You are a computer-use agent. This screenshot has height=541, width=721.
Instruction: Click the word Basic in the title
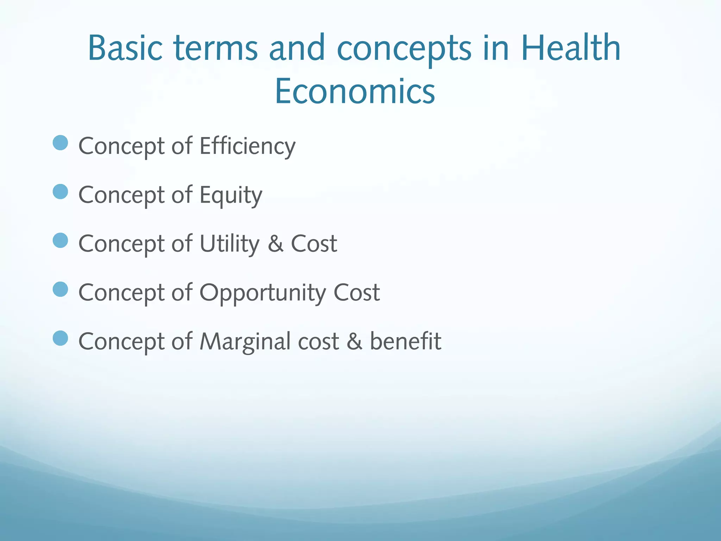[125, 48]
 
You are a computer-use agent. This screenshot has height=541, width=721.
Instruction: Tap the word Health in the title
[570, 48]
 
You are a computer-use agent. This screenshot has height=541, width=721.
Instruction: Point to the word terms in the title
[216, 48]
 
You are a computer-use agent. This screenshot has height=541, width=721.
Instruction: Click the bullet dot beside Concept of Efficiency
[60, 143]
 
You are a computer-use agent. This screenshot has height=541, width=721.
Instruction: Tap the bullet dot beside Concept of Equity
[60, 192]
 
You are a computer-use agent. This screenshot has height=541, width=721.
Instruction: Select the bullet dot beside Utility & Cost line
[60, 241]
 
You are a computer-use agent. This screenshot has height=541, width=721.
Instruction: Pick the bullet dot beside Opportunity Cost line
[60, 290]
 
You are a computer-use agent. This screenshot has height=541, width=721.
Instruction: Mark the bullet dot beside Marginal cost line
[60, 338]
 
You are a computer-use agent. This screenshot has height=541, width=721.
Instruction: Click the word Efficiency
[247, 146]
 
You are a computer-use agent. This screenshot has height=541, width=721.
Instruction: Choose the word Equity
[231, 195]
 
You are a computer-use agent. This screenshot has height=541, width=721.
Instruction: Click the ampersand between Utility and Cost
[275, 244]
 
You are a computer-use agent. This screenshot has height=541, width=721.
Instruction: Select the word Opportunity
[263, 293]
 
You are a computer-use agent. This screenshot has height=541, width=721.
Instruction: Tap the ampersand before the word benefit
[354, 342]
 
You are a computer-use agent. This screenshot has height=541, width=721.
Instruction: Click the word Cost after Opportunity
[356, 292]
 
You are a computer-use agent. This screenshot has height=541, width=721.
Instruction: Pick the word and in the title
[297, 48]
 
